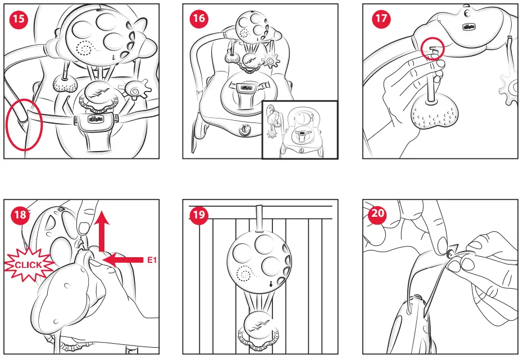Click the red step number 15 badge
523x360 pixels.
tap(19, 19)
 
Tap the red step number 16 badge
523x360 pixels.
tap(199, 19)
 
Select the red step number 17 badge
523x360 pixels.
tap(381, 19)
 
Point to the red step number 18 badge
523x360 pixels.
tap(20, 215)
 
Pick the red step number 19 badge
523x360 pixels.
tap(199, 215)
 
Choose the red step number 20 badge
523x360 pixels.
tap(378, 213)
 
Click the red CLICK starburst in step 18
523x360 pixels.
tap(29, 265)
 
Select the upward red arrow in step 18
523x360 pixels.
tap(102, 231)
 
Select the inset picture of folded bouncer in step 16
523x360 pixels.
tap(300, 130)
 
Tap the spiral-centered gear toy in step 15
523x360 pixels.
tap(135, 89)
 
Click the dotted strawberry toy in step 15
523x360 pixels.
tap(65, 83)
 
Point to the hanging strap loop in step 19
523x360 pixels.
tap(259, 218)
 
